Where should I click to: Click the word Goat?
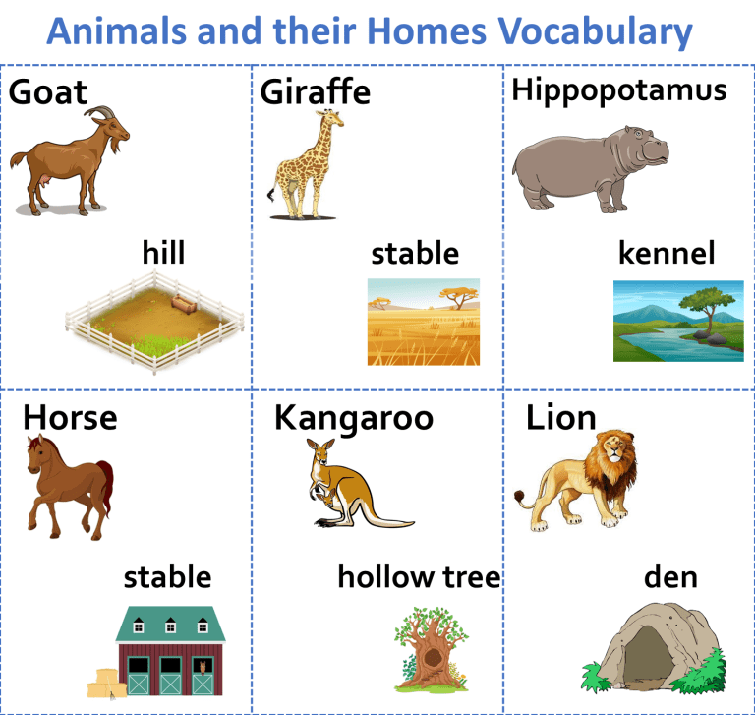47,92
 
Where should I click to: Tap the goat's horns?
100,112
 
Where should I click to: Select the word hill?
163,252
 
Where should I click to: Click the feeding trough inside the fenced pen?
184,304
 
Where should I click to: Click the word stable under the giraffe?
415,254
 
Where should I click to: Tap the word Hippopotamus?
618,90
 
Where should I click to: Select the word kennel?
667,253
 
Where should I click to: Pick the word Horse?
70,417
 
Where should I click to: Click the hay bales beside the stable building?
106,684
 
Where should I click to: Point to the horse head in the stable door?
203,668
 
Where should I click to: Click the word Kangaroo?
354,418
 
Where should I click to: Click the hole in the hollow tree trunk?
433,657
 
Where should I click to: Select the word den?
670,576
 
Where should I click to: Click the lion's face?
613,450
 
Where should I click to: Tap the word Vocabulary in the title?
595,31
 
